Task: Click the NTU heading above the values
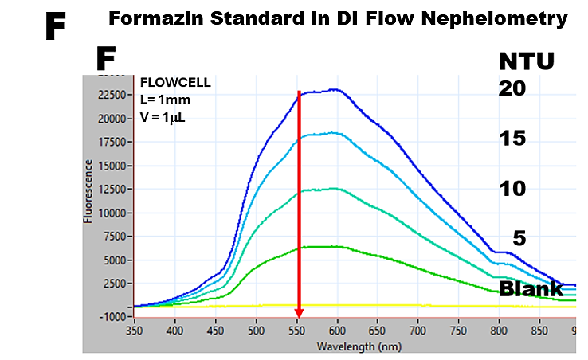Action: click(526, 61)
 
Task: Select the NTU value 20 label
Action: click(512, 89)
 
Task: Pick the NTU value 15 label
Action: click(512, 139)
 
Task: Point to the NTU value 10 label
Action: click(512, 189)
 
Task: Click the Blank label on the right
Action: click(531, 288)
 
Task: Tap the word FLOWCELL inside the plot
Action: click(170, 82)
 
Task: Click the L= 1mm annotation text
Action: click(165, 100)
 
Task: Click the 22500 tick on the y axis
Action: click(113, 95)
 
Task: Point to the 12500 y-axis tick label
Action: click(113, 190)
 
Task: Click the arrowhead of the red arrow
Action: click(299, 313)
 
